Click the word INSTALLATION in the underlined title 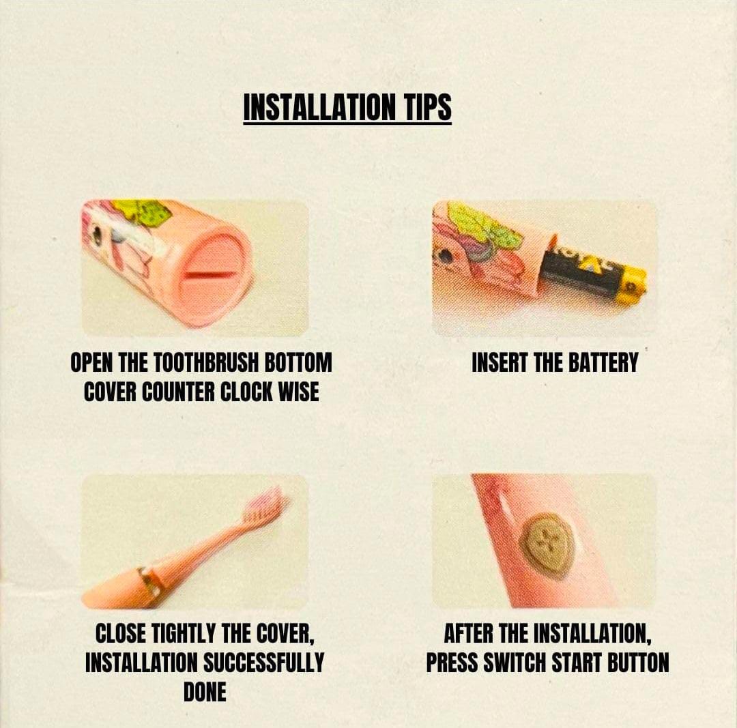tap(319, 106)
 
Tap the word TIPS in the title tap(427, 106)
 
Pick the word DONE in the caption tap(205, 692)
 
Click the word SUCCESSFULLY tap(263, 663)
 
